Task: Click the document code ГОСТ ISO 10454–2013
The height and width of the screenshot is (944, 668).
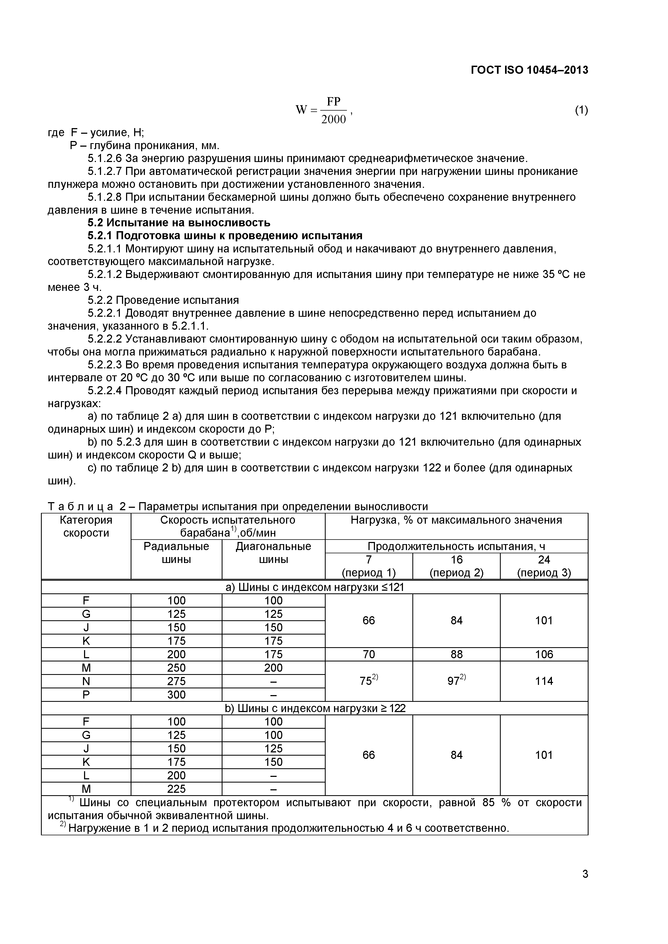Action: (x=529, y=70)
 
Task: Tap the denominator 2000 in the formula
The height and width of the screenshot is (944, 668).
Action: (x=333, y=120)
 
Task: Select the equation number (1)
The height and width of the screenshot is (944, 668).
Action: (x=581, y=110)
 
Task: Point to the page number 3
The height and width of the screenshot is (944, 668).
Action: (x=585, y=885)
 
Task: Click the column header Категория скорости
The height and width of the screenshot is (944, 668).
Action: (x=86, y=526)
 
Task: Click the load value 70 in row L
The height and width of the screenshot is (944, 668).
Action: (x=369, y=654)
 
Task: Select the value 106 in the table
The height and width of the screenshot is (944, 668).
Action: (x=544, y=654)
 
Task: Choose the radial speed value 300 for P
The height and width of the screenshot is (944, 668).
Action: (x=176, y=695)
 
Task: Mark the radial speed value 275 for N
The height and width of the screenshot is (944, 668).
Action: (x=176, y=681)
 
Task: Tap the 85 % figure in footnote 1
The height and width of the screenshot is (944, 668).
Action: (x=496, y=802)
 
